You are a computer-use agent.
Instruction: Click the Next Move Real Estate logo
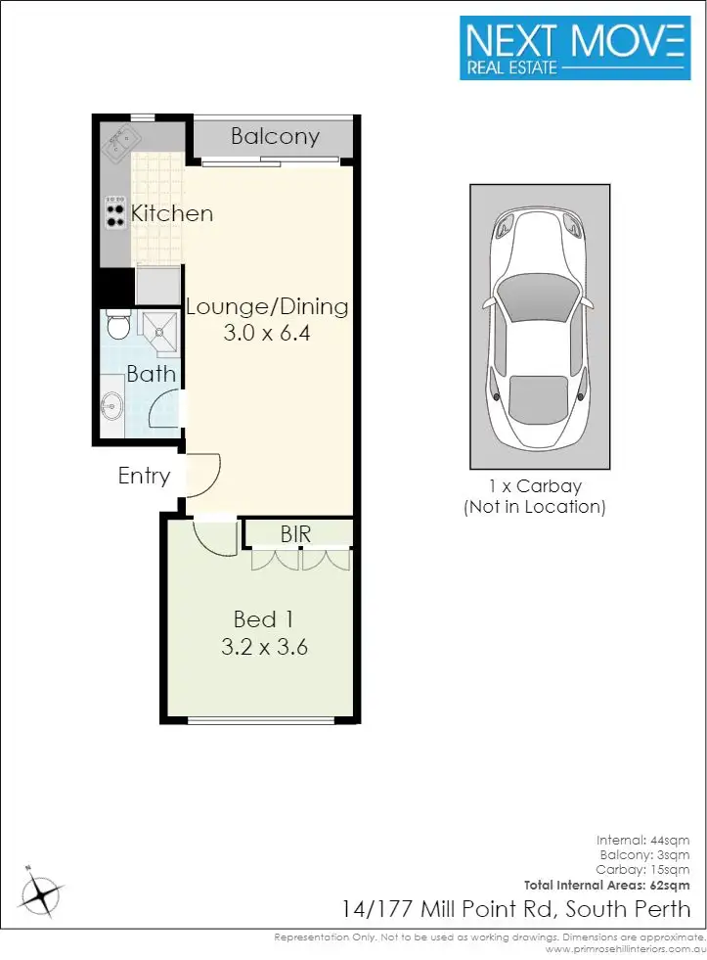575,47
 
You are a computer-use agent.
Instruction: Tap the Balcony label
275,136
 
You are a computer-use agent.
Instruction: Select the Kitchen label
172,213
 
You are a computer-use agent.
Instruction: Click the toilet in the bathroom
116,325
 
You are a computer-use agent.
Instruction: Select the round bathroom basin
112,402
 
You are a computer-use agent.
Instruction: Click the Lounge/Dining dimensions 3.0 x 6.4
267,333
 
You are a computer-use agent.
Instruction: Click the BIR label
296,535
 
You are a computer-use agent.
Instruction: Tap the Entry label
144,477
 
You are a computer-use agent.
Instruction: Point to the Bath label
152,374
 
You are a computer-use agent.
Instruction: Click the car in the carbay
540,323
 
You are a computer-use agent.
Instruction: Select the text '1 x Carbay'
534,486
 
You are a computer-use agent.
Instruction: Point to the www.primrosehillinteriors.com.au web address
625,949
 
